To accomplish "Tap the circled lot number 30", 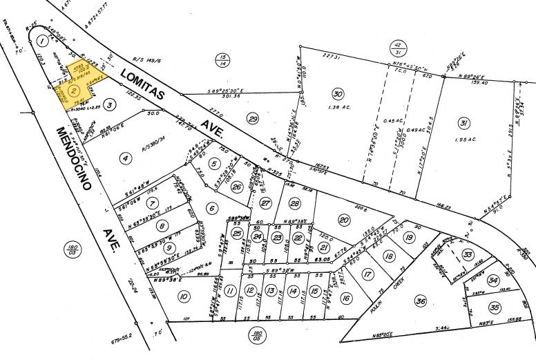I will (337, 94).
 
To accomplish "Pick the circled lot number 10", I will (183, 296).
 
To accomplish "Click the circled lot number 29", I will (253, 120).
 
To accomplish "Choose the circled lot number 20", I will (343, 219).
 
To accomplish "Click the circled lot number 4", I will (126, 158).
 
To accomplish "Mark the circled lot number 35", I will (494, 306).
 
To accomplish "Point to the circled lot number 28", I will (295, 203).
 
